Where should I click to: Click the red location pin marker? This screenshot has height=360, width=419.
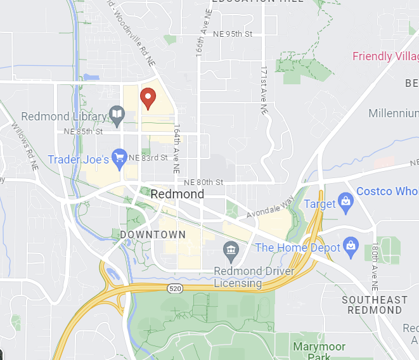click(148, 98)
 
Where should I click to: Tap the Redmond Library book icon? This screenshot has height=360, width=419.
click(117, 115)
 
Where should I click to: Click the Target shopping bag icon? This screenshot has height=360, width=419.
click(345, 202)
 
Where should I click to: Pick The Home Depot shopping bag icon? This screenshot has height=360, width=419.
click(351, 246)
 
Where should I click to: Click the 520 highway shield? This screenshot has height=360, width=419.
click(175, 288)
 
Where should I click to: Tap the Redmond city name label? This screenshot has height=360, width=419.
click(177, 194)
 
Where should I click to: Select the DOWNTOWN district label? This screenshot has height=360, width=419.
click(153, 235)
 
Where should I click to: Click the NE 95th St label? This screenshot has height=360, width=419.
click(233, 34)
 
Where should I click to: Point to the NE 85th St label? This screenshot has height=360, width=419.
click(83, 132)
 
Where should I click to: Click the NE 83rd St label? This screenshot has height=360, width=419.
click(148, 157)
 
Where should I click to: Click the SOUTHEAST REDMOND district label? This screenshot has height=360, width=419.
click(374, 304)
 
